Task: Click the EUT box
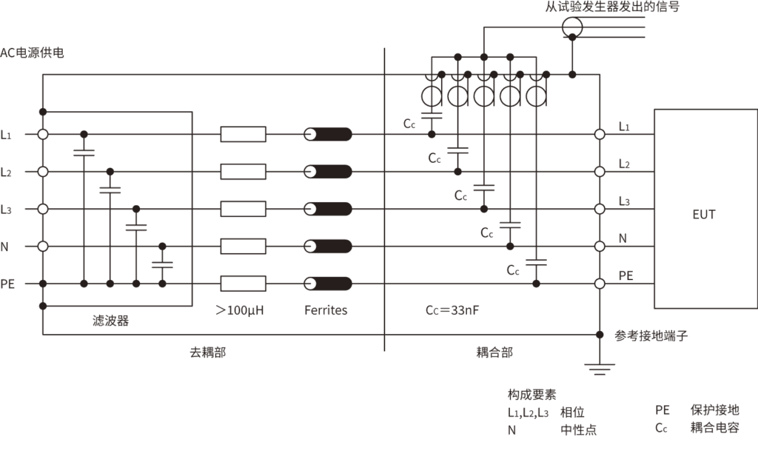click(x=704, y=210)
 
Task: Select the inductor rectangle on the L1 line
click(x=243, y=134)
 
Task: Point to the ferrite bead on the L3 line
click(x=328, y=209)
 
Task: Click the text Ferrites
click(x=325, y=310)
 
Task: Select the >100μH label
click(x=240, y=310)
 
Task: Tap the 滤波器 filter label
click(x=111, y=321)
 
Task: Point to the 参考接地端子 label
click(x=652, y=335)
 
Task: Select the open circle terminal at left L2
click(x=43, y=172)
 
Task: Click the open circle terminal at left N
click(x=43, y=246)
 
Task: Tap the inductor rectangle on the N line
click(x=243, y=246)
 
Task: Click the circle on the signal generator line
click(x=571, y=27)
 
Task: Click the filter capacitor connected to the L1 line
click(x=84, y=153)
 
